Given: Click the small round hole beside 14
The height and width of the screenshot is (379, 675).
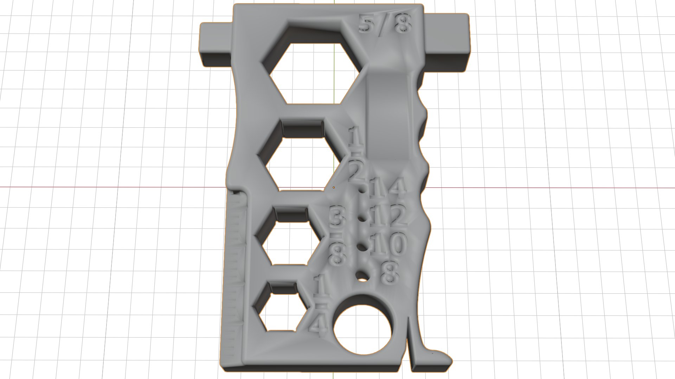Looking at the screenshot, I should click(x=362, y=190).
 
